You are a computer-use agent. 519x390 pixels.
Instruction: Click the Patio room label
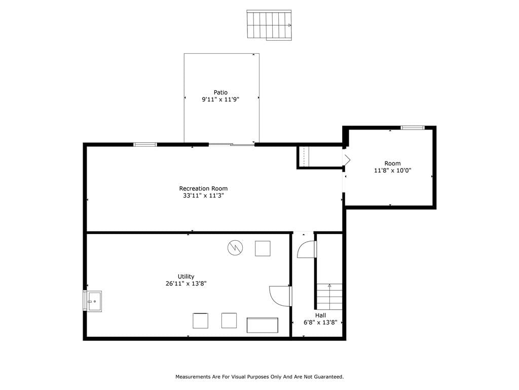[x=220, y=92]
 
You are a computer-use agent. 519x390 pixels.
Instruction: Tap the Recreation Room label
[x=203, y=188]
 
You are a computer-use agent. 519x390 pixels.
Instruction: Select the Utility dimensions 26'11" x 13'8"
[x=186, y=283]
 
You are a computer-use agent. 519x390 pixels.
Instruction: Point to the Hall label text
[x=320, y=315]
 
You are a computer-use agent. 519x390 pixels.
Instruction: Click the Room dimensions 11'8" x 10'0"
[x=393, y=171]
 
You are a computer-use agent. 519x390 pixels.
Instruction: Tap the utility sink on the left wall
[x=93, y=301]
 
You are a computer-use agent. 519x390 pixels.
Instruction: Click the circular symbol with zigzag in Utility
[x=235, y=248]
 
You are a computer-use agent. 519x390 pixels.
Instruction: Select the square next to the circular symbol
[x=263, y=248]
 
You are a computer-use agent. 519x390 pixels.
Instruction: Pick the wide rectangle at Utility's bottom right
[x=263, y=325]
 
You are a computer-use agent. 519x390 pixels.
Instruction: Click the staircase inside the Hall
[x=329, y=297]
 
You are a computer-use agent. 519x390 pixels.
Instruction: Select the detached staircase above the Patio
[x=269, y=25]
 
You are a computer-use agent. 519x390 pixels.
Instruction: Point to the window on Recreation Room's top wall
[x=145, y=144]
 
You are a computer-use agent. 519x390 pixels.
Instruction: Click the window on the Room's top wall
[x=413, y=127]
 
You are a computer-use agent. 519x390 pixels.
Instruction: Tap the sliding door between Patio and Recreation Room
[x=231, y=144]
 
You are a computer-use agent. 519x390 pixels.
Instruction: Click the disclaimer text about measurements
[x=259, y=377]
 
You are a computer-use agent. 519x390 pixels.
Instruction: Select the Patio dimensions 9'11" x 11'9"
[x=220, y=100]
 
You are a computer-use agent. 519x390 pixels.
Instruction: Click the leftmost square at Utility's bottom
[x=200, y=321]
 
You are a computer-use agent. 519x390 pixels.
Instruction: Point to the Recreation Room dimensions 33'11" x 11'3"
[x=203, y=196]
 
